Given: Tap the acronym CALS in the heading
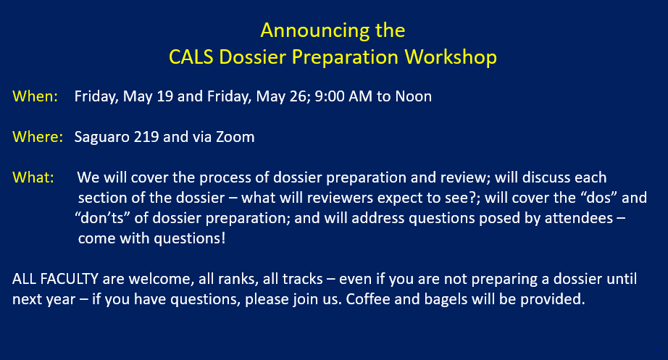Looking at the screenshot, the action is pyautogui.click(x=191, y=57).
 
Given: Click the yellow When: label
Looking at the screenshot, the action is pyautogui.click(x=35, y=96).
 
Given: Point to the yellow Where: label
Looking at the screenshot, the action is pyautogui.click(x=38, y=137).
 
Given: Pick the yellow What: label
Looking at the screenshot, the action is pyautogui.click(x=33, y=177).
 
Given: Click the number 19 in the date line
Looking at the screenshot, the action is pyautogui.click(x=165, y=96).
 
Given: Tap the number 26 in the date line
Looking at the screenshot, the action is pyautogui.click(x=298, y=96).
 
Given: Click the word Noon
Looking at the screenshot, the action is pyautogui.click(x=413, y=96).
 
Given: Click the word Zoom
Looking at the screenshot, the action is pyautogui.click(x=235, y=137).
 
